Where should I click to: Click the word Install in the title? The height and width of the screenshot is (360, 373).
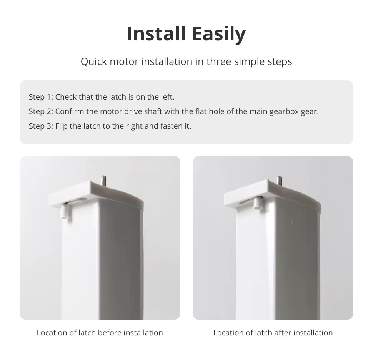[156, 34]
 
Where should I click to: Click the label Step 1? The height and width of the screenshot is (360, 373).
[41, 97]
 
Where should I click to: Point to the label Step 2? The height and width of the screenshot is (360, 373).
[41, 112]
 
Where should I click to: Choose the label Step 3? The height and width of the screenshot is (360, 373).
[41, 126]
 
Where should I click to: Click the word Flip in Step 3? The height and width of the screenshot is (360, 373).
[62, 126]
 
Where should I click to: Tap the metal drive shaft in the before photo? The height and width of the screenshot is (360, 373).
[103, 181]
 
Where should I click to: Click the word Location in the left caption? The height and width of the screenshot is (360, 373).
[52, 333]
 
